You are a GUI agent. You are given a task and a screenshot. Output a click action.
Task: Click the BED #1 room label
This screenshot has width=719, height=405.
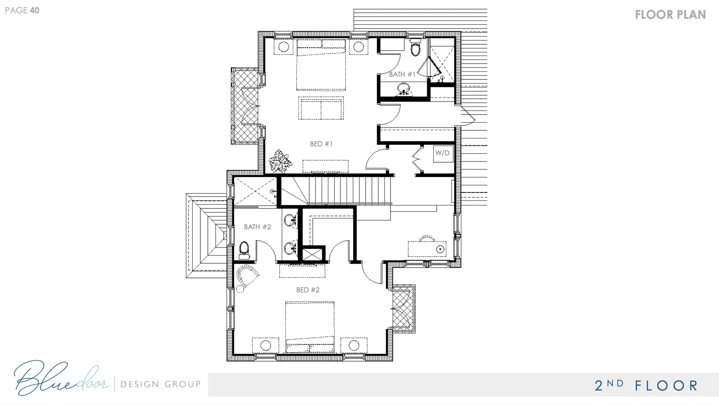click(x=321, y=144)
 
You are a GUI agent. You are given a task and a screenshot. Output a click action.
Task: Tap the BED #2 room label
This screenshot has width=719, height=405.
click(x=308, y=290)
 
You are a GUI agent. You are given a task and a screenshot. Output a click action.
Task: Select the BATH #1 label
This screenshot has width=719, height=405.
click(x=402, y=74)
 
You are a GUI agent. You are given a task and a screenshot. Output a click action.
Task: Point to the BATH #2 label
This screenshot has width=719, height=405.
click(x=258, y=227)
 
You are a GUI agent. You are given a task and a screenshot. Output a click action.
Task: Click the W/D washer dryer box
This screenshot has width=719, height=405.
click(x=443, y=153)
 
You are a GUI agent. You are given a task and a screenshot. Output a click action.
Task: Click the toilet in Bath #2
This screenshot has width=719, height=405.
click(x=244, y=250)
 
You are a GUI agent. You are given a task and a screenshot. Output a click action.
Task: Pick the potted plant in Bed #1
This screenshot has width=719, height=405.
click(x=280, y=162)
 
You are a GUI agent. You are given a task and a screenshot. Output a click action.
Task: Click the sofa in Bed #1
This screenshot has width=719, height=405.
click(x=321, y=108)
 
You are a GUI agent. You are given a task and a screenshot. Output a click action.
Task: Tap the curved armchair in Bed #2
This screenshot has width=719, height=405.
click(x=247, y=276)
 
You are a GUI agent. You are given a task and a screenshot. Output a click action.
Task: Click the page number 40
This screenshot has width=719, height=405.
click(x=34, y=10)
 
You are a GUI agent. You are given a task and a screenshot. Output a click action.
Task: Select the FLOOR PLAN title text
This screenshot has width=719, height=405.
click(x=670, y=15)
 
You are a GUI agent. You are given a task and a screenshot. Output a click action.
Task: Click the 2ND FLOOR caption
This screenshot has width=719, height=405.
click(x=646, y=385)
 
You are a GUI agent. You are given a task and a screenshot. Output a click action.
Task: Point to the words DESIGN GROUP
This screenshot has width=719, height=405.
click(x=160, y=384)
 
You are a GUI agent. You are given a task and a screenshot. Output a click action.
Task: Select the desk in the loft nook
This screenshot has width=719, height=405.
click(x=427, y=249)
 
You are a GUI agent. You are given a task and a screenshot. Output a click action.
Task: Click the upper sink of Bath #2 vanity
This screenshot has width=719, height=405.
click(x=290, y=220)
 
